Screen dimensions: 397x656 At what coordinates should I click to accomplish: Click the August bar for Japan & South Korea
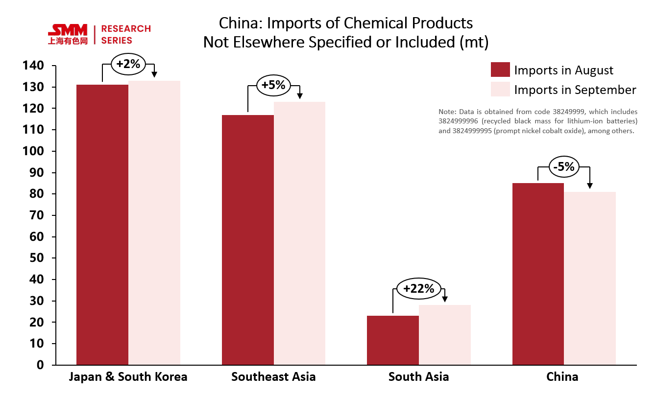102,225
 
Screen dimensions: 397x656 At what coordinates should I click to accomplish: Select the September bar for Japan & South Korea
154,223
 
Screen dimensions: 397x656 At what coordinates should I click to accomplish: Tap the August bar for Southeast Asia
248,240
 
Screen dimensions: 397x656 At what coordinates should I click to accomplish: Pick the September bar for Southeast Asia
299,234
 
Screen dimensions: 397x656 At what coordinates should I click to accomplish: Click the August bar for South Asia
393,340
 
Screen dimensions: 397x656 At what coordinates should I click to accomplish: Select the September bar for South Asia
445,335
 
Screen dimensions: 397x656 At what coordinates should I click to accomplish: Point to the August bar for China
538,274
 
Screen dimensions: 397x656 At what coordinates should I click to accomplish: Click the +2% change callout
128,64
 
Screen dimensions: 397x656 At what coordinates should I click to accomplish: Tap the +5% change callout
273,85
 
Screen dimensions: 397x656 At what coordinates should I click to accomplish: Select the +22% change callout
418,289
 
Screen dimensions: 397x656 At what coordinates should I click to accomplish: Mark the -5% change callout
563,167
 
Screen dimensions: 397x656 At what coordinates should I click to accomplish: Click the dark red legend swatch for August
500,70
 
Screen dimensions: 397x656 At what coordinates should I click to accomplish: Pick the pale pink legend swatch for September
500,90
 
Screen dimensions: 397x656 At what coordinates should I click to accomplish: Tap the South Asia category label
418,377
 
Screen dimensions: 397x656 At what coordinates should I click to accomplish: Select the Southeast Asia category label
273,377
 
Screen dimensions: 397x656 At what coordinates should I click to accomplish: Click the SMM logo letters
68,30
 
